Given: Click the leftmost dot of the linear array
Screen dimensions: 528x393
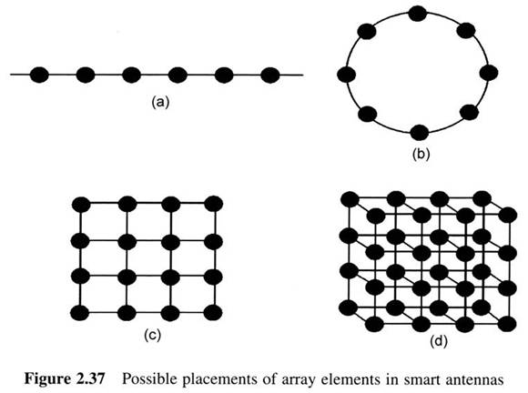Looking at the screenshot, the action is [x=39, y=75].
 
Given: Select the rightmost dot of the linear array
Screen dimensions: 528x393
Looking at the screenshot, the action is [x=270, y=75].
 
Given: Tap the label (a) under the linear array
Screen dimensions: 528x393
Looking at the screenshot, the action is [x=160, y=102].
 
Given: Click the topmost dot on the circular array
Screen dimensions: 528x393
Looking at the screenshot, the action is [x=418, y=14].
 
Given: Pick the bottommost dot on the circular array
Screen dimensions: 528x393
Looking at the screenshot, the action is [x=420, y=132].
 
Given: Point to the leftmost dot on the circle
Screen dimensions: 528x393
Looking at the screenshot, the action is [x=347, y=74].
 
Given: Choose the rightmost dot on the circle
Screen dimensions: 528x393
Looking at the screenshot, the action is [x=489, y=73].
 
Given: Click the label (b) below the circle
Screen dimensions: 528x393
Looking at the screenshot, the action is [x=421, y=154].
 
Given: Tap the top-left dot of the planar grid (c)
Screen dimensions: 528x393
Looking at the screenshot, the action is [x=81, y=205].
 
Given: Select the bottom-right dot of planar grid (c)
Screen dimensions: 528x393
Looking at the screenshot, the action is [x=213, y=313].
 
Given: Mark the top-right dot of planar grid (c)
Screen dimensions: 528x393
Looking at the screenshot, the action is [x=214, y=204].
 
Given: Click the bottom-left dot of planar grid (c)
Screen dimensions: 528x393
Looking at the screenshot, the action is [x=80, y=313].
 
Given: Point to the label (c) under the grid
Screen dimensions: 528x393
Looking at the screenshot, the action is [x=152, y=335].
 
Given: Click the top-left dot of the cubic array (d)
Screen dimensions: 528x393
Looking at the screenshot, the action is [x=350, y=199].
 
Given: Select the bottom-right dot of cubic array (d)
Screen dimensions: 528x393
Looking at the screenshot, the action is [x=507, y=324].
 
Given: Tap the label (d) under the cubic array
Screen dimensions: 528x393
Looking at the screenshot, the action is [x=439, y=341].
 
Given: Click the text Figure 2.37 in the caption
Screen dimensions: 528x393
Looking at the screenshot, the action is [x=65, y=379].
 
